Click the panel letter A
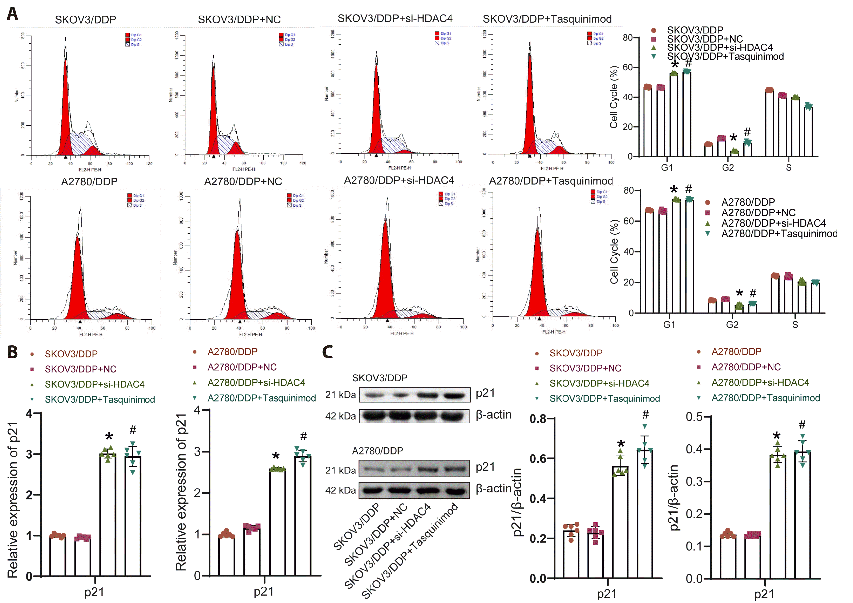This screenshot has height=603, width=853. click(12, 14)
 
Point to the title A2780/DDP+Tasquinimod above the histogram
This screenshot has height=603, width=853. click(551, 181)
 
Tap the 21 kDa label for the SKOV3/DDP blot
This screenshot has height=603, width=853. click(340, 394)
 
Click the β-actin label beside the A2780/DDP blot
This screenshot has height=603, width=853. click(493, 488)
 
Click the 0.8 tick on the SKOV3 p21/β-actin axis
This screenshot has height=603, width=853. click(538, 419)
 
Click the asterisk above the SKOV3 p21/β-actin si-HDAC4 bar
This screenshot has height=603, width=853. click(621, 444)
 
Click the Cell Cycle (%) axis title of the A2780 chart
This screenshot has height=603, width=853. click(614, 252)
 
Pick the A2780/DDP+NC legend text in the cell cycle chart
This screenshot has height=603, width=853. click(758, 212)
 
